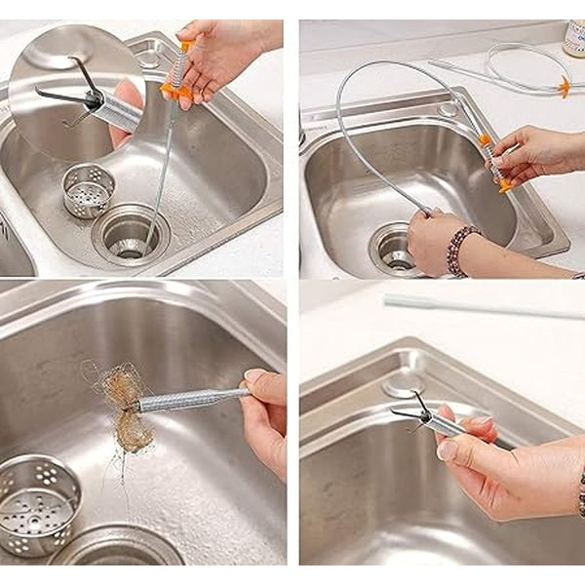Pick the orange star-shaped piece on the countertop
click(x=564, y=87)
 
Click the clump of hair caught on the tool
click(x=121, y=408)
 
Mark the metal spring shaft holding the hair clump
click(x=191, y=398)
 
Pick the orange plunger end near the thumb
click(x=503, y=182)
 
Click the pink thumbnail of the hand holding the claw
click(x=447, y=450)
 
